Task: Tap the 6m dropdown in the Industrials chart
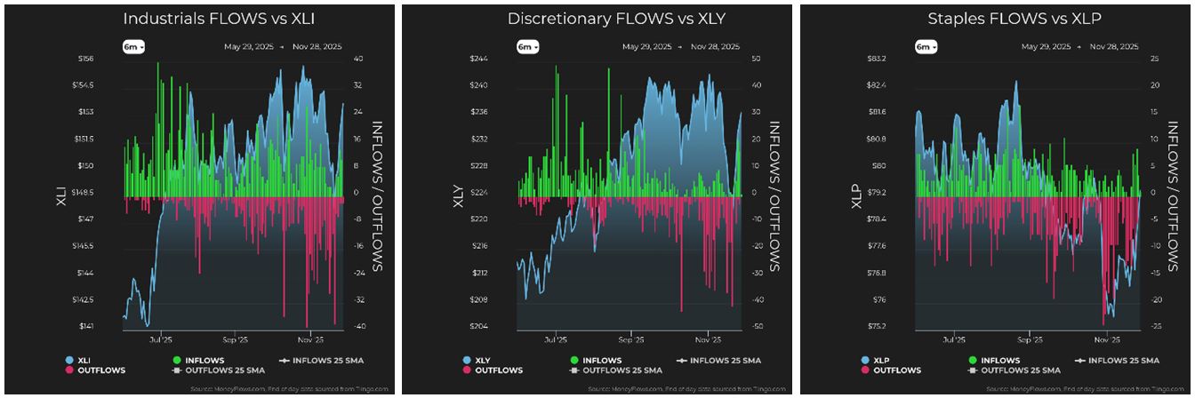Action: click(134, 47)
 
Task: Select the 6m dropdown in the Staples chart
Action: click(926, 47)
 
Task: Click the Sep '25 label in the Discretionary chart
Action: click(630, 339)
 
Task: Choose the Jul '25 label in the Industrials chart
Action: click(161, 339)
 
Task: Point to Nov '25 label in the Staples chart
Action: click(1106, 339)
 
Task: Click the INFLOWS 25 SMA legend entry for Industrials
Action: click(325, 361)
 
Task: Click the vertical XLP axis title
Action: click(856, 193)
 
